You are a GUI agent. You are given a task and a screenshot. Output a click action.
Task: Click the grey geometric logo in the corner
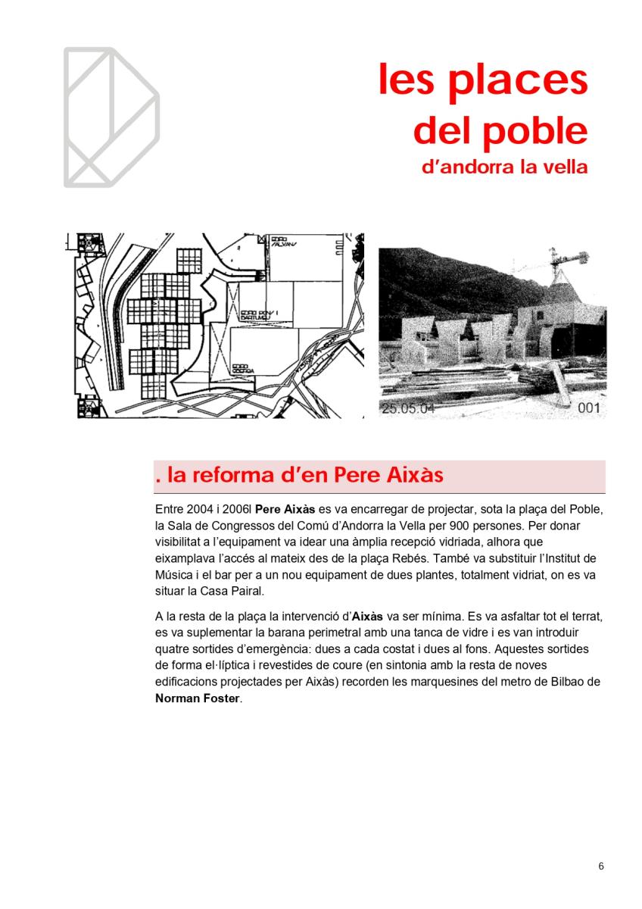tap(111, 117)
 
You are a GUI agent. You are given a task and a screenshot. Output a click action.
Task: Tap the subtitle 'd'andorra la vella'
tap(504, 167)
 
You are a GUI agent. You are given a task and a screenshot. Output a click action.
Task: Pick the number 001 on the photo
tap(588, 409)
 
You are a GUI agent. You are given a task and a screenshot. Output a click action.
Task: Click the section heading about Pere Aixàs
tap(298, 476)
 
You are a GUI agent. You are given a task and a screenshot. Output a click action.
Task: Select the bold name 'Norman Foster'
tap(197, 699)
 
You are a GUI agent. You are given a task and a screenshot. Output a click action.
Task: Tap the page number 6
tap(601, 867)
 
